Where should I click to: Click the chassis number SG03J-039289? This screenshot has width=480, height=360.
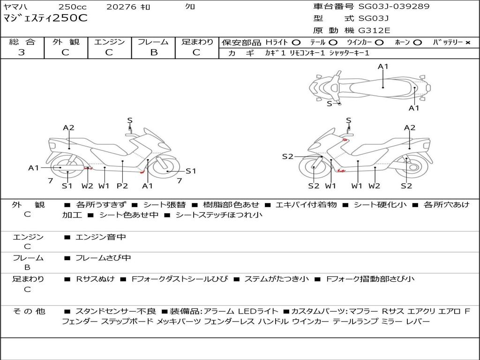(394, 7)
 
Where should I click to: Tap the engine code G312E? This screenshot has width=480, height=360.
(375, 30)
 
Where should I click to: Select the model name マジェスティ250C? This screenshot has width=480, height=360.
(45, 18)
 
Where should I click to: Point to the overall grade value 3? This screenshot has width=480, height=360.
(22, 52)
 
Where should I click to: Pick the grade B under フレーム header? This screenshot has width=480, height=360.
(154, 52)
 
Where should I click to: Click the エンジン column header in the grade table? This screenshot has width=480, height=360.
(109, 42)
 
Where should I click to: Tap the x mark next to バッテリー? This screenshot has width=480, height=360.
(468, 43)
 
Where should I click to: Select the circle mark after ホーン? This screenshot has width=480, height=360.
(417, 43)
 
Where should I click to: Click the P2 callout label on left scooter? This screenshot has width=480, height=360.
(122, 186)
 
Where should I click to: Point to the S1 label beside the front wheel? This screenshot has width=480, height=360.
(191, 171)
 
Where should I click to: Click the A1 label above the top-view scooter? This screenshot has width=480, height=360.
(383, 67)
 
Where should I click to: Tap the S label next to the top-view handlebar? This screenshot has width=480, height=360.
(330, 104)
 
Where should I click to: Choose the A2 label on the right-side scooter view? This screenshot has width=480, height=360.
(410, 127)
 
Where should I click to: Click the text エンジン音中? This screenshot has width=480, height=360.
(101, 237)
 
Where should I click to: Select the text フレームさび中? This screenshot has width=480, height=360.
(103, 258)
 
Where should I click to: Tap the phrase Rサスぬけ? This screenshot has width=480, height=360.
(95, 279)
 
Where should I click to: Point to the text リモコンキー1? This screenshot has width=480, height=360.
(307, 53)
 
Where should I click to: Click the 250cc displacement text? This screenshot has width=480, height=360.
(73, 7)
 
